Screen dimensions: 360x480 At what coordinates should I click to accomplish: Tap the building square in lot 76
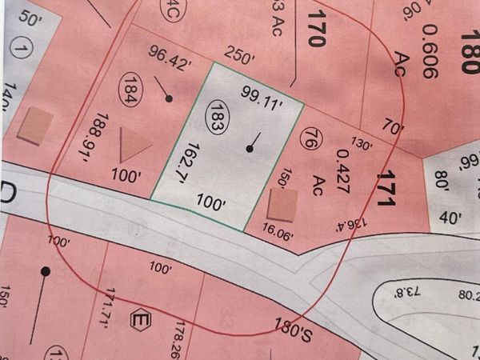click(x=282, y=204)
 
